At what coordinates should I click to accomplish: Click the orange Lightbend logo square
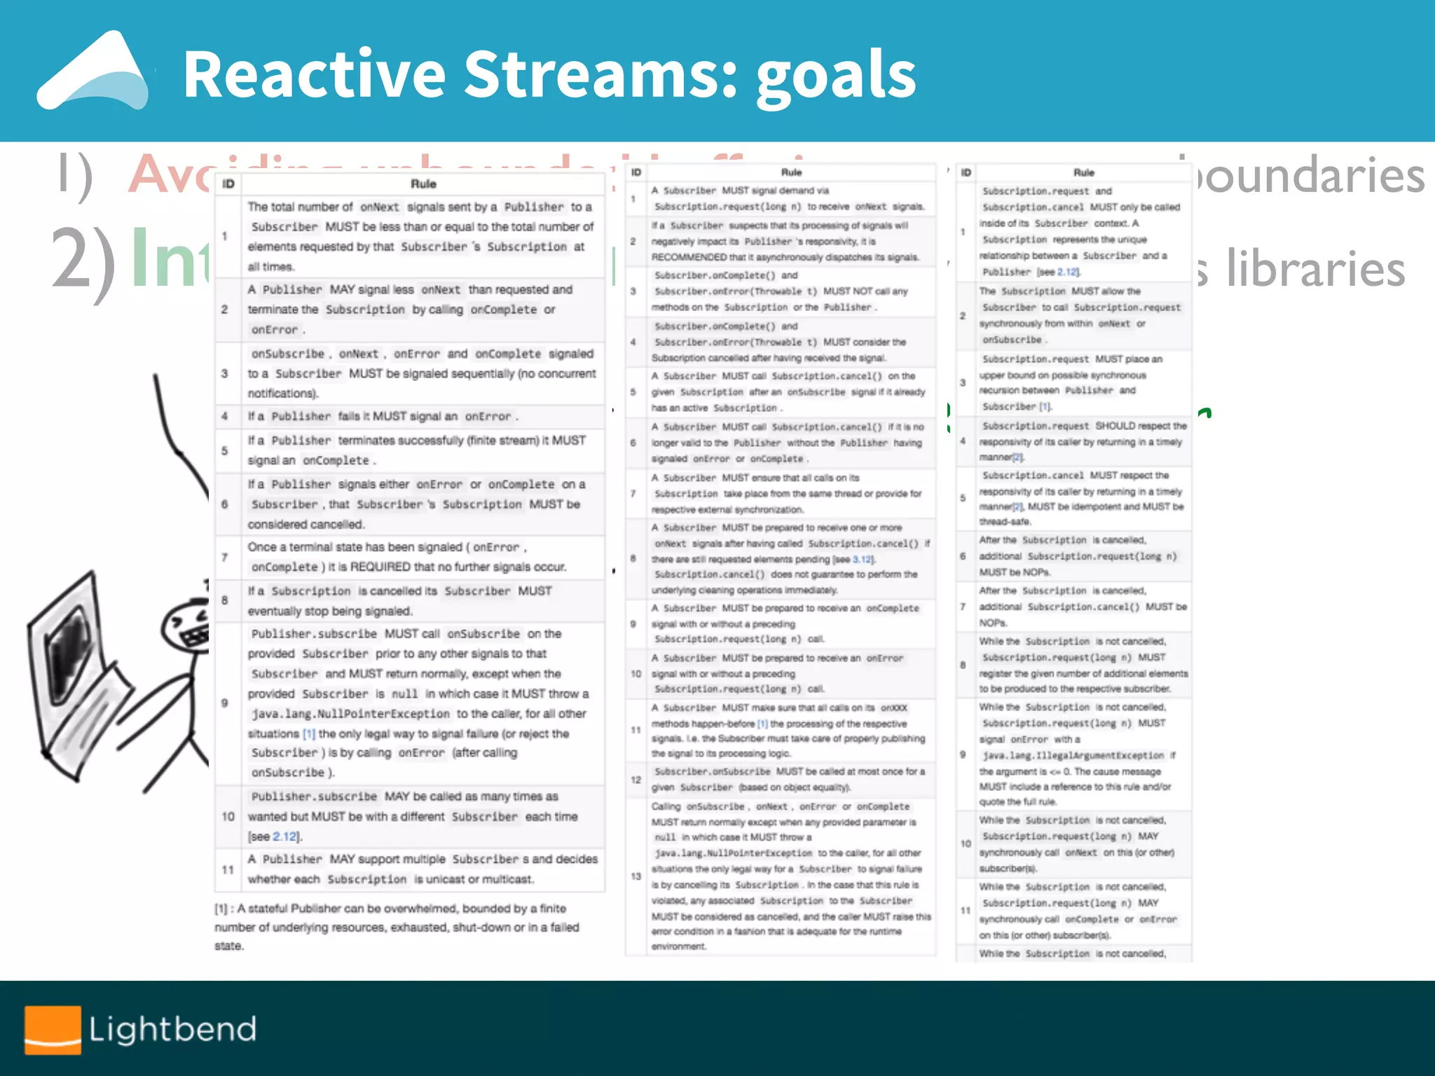click(x=53, y=1030)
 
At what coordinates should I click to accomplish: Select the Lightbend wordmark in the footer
click(x=172, y=1029)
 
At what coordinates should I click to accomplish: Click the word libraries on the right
click(x=1315, y=270)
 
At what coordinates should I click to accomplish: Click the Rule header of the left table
click(x=423, y=184)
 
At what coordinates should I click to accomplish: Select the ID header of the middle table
click(x=636, y=172)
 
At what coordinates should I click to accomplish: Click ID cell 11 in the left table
click(x=228, y=869)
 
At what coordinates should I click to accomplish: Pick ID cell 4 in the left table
click(x=225, y=416)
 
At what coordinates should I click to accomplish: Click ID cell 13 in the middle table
click(x=636, y=876)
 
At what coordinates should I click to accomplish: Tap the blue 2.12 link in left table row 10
click(x=284, y=836)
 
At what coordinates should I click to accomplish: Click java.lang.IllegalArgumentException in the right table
click(x=1072, y=756)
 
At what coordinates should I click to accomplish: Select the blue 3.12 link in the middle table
click(x=863, y=559)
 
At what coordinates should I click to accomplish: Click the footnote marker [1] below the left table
click(x=221, y=909)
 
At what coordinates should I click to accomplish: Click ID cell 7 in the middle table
click(x=633, y=493)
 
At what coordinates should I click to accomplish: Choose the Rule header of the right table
click(x=1083, y=172)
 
